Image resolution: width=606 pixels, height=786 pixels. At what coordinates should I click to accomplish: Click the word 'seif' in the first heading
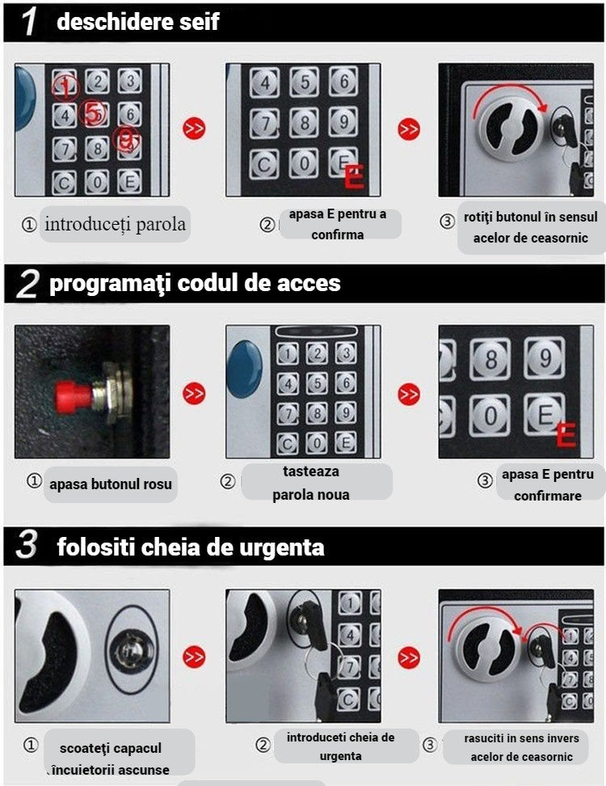tap(198, 22)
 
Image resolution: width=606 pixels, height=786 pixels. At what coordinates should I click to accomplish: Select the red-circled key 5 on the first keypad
tap(95, 114)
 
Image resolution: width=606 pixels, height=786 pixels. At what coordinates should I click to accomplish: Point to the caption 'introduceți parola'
tap(115, 224)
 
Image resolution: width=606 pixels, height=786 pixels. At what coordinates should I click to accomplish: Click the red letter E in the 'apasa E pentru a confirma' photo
tap(354, 176)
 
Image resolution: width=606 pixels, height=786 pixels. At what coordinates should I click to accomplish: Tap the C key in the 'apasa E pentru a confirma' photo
tap(264, 163)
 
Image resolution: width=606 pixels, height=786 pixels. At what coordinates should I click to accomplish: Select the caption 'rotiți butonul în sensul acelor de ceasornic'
tap(530, 228)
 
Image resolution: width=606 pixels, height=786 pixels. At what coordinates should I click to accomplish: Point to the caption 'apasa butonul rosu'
tap(110, 485)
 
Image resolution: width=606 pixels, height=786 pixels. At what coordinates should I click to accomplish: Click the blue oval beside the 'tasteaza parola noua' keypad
tap(244, 368)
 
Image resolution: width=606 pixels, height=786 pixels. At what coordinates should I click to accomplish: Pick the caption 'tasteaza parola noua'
tap(311, 483)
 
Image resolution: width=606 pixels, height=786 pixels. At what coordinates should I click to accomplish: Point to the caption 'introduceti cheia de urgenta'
tap(340, 746)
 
